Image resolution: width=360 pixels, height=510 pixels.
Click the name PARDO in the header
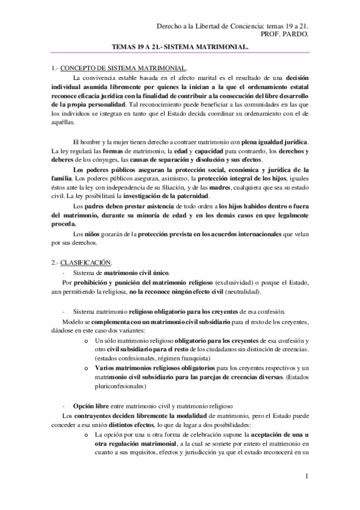pyautogui.click(x=296, y=34)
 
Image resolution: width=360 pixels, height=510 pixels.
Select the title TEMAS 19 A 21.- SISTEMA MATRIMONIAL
pyautogui.click(x=180, y=46)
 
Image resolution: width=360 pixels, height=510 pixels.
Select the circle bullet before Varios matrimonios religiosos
pyautogui.click(x=90, y=368)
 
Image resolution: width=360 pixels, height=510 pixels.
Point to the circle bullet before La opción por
pyautogui.click(x=90, y=435)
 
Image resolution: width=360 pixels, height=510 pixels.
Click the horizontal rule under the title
pyautogui.click(x=180, y=54)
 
